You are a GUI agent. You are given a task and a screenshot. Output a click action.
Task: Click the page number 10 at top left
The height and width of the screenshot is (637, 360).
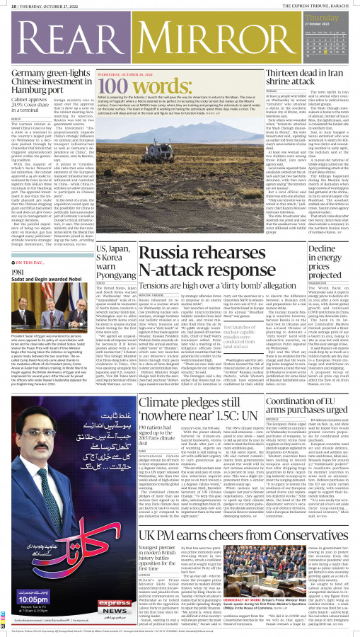coord(6,6)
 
